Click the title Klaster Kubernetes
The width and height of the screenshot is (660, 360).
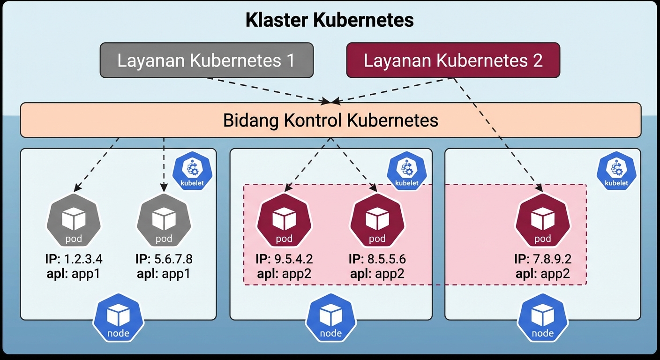(330, 21)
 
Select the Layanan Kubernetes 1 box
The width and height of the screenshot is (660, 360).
(206, 60)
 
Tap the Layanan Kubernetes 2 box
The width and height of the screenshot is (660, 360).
(453, 60)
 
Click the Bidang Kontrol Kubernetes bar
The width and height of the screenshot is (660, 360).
(330, 120)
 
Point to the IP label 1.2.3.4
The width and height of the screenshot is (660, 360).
(74, 259)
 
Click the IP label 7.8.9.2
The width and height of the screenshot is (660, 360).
(543, 259)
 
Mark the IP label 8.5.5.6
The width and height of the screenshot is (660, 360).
(377, 259)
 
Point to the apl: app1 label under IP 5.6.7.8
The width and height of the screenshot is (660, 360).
(164, 273)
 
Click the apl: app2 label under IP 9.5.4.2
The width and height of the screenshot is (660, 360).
(284, 273)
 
